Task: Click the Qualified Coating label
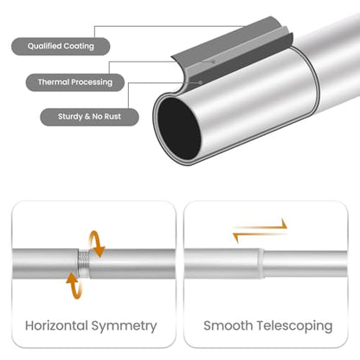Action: coord(61,46)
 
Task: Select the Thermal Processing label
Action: coord(75,82)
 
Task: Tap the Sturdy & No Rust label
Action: coord(89,117)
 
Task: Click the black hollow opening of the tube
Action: coord(179,128)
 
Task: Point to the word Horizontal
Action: coord(56,325)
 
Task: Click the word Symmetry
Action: coord(125,326)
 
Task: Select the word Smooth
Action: coord(228,325)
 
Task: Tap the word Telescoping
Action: coord(294,326)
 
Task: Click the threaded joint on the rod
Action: coord(83,263)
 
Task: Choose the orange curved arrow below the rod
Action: coord(74,286)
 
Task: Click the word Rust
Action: coord(112,117)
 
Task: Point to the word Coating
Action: coord(79,46)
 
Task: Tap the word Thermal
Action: coord(54,82)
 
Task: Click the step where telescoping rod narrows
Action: coord(261,264)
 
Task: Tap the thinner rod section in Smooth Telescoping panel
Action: coord(305,264)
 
